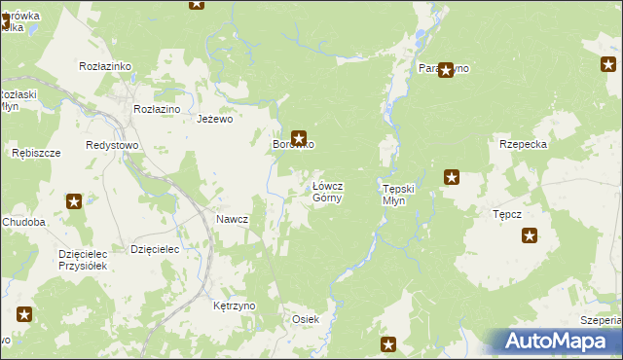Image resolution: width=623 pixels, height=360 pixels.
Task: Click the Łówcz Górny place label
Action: click(x=326, y=192)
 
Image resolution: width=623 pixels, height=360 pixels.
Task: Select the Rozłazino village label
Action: click(x=157, y=109)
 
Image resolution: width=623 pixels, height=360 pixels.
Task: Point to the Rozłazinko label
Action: click(x=104, y=65)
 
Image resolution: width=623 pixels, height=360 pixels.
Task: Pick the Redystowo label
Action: click(x=112, y=144)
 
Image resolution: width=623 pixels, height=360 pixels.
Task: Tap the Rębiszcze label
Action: click(x=36, y=153)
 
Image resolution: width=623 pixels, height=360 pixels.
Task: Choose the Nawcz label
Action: click(x=232, y=219)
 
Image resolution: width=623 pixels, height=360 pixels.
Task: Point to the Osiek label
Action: click(x=306, y=319)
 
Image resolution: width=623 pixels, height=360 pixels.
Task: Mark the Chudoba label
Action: click(x=24, y=222)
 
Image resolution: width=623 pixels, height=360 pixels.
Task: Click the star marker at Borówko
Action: click(x=299, y=138)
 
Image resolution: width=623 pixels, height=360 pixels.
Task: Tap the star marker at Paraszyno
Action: click(x=446, y=70)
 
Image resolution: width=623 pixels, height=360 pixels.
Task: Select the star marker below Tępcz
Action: click(x=530, y=235)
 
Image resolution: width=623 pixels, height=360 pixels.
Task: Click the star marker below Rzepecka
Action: click(x=452, y=177)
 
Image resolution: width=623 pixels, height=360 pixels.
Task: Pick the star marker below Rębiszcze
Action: click(x=74, y=201)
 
